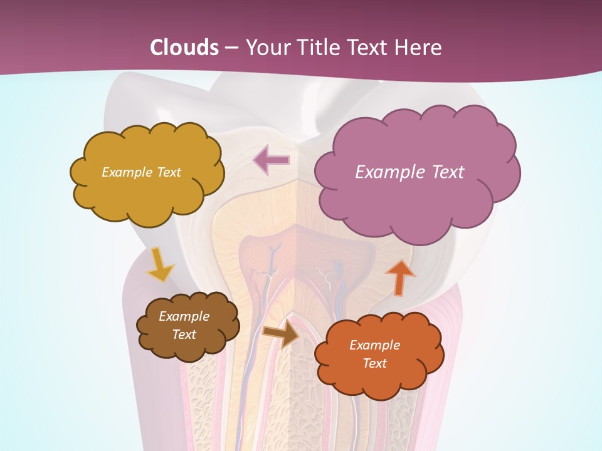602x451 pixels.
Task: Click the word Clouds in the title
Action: pos(184,48)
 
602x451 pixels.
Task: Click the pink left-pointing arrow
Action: pos(271,160)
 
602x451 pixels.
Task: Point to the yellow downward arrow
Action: pos(160,264)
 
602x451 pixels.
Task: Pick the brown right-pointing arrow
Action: pos(281,333)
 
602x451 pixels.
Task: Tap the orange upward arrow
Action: pos(399,277)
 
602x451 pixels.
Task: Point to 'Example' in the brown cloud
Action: pos(184,317)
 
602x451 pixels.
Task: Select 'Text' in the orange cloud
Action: pos(374,363)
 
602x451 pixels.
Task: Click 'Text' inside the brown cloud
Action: pos(184,334)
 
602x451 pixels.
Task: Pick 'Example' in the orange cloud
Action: pos(374,345)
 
